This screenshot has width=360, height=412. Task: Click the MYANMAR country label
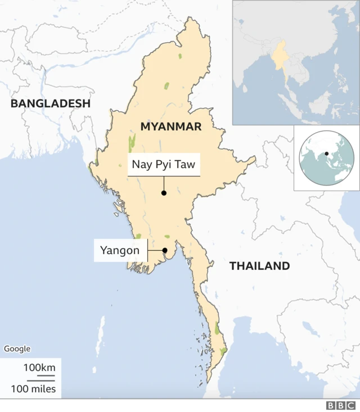coord(171,126)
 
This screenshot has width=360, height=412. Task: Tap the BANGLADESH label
coord(51,103)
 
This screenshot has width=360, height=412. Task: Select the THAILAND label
coord(259,266)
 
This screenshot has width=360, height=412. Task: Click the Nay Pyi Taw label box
coord(164,165)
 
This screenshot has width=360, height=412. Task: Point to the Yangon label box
coord(120,250)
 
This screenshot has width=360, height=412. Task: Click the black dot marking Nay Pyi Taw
coord(164,193)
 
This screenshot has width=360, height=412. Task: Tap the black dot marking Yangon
coord(165,251)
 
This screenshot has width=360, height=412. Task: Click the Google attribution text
coord(17,348)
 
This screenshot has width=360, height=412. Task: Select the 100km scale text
coord(39,368)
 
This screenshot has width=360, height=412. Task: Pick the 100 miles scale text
coord(33,388)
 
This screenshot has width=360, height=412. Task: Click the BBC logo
coord(341,405)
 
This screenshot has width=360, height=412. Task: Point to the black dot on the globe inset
coord(326,153)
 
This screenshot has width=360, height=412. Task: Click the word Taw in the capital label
coord(185,165)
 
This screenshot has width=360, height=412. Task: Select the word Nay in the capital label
coord(141,165)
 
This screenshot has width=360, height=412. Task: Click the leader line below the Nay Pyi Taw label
coord(164,184)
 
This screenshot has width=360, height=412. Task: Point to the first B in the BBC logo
coord(331,405)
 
